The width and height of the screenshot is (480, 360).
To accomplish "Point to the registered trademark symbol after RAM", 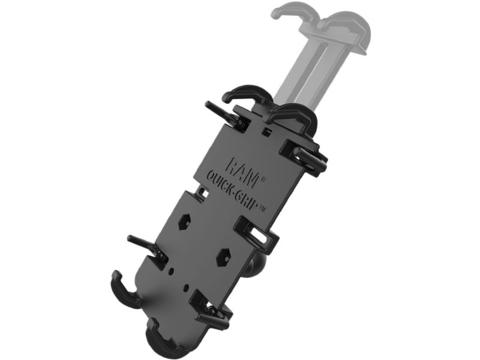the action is [262, 180].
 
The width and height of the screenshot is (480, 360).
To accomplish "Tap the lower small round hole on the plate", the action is [186, 287].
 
